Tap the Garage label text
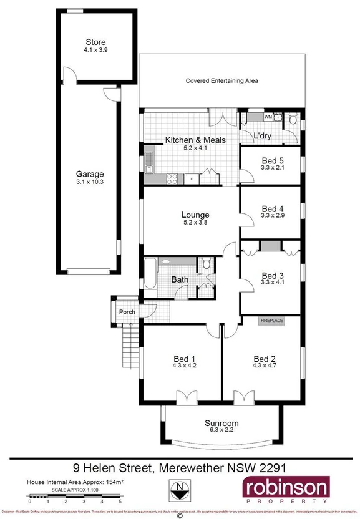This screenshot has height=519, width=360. click(90, 174)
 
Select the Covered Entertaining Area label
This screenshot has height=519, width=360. click(222, 81)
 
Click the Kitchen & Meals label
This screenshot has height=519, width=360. click(195, 140)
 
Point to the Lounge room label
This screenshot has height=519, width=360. click(195, 215)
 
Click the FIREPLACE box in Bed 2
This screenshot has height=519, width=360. click(271, 321)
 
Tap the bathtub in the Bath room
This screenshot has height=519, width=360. click(150, 274)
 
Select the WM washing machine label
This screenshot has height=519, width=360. click(268, 117)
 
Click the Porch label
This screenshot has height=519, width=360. click(127, 312)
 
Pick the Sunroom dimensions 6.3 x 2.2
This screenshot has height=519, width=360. click(222, 431)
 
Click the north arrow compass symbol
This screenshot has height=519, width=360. click(181, 491)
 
